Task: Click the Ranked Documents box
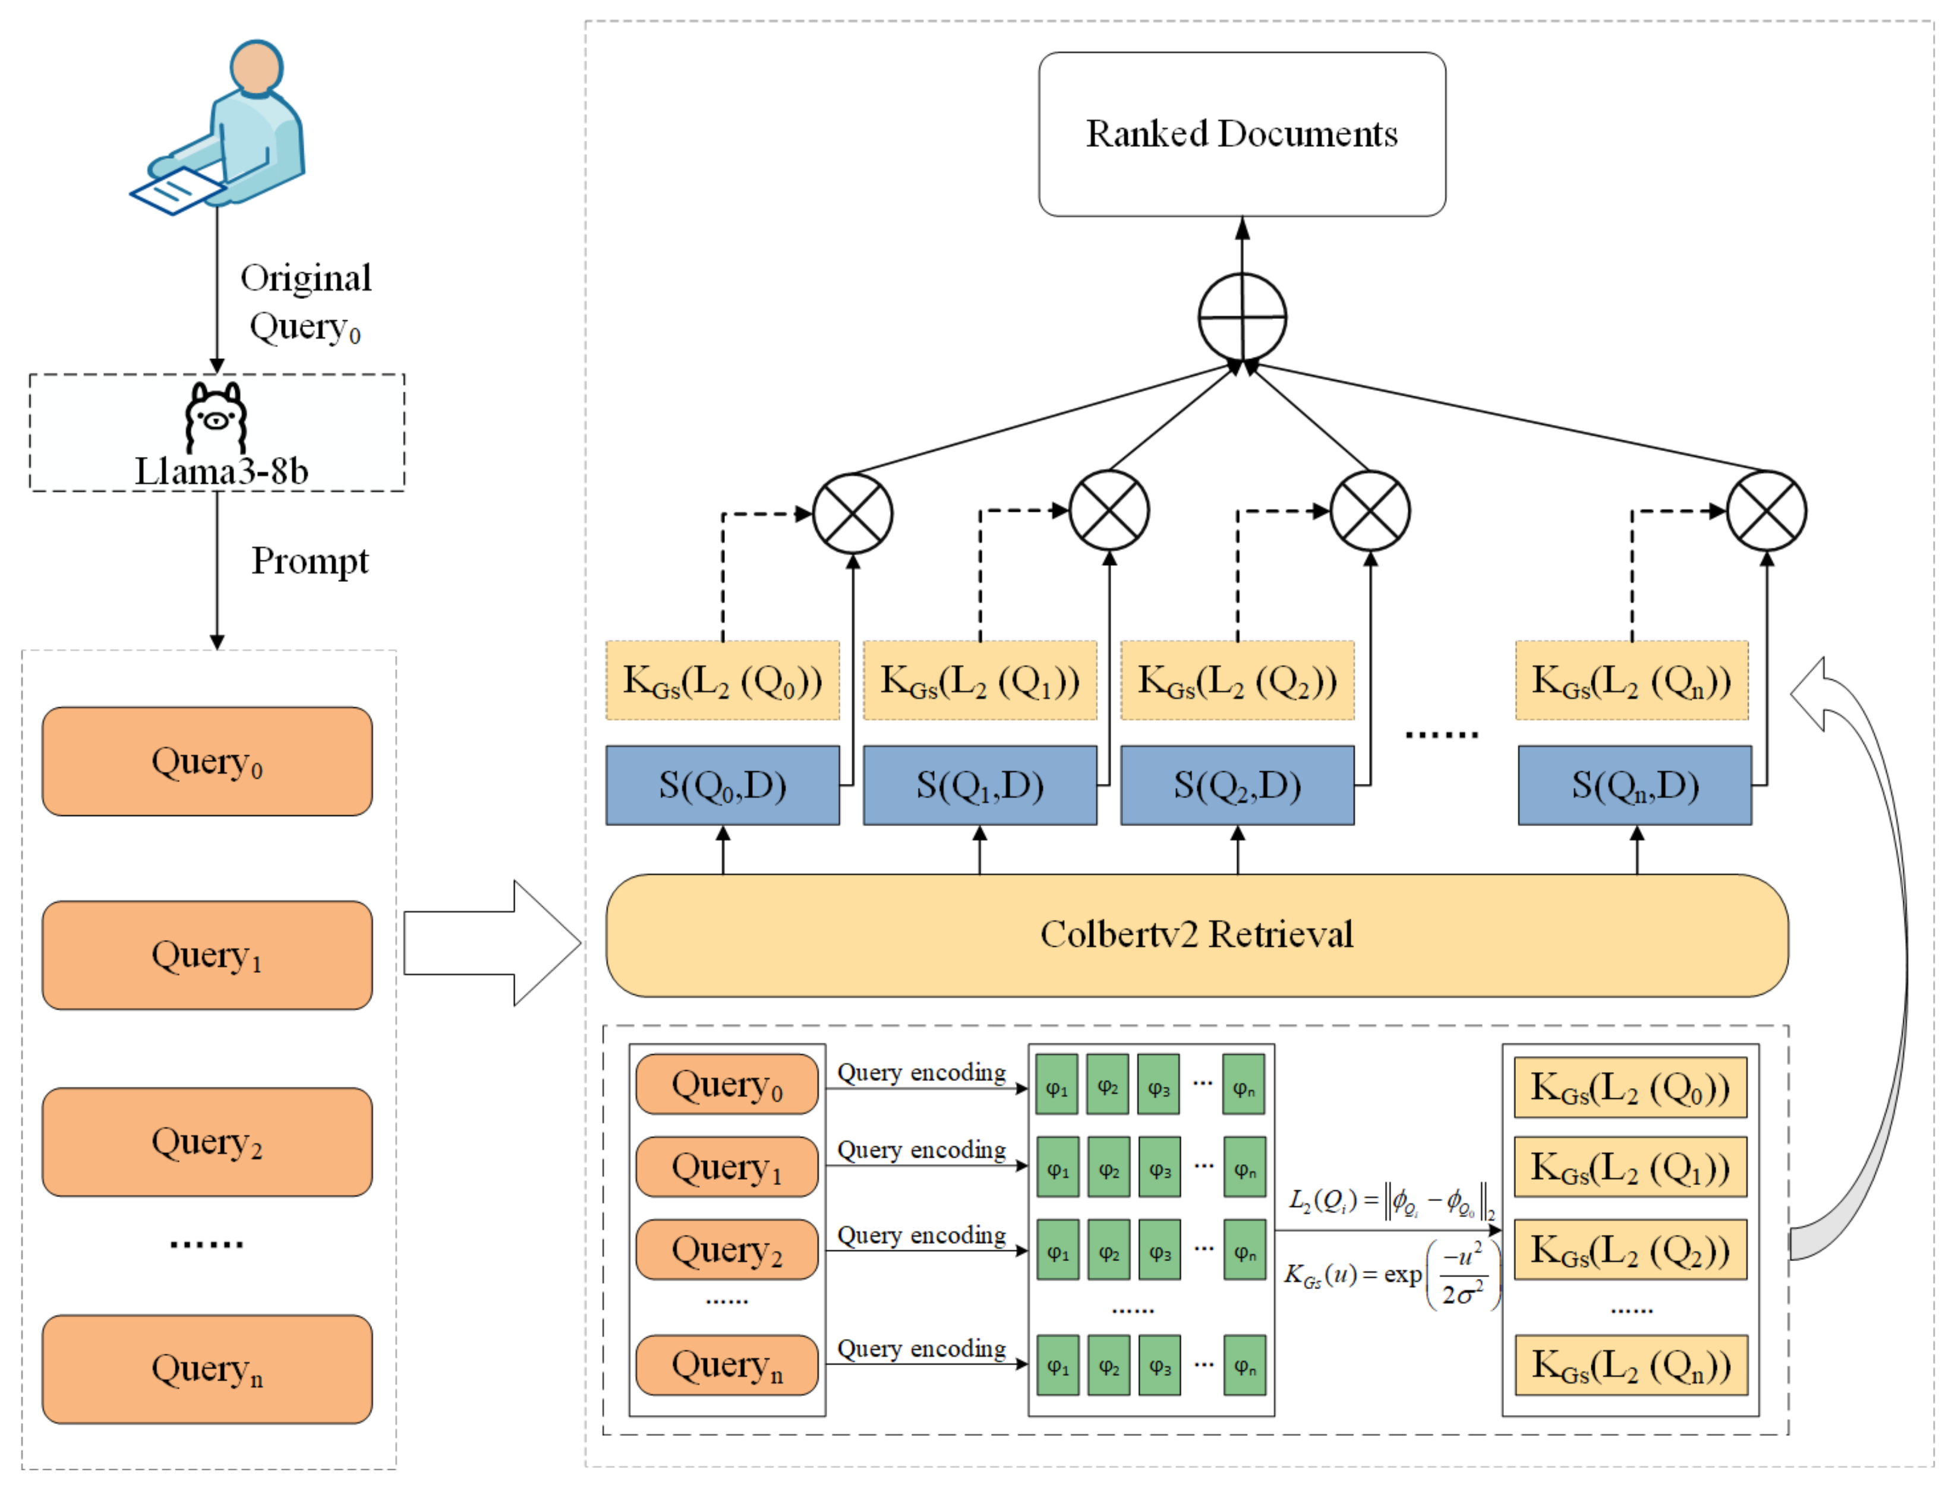point(1241,134)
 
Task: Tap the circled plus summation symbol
point(1241,317)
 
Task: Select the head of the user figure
point(257,67)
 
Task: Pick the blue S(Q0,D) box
point(722,785)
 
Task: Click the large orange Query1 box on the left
point(207,955)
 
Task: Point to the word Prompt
point(309,562)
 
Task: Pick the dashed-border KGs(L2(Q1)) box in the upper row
point(979,681)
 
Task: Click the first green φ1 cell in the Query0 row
point(1057,1085)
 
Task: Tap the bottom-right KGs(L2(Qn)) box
point(1630,1365)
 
